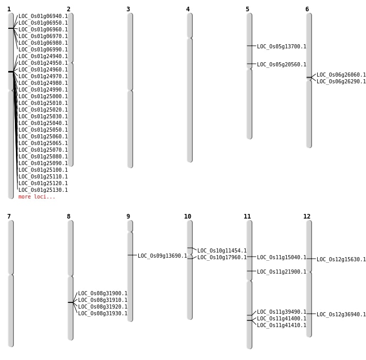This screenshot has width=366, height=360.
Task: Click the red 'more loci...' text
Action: click(x=36, y=197)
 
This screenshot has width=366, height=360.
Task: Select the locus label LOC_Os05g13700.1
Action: click(x=281, y=47)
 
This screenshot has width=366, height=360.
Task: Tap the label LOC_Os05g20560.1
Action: click(x=281, y=65)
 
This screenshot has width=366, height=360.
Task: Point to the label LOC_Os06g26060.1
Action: click(x=341, y=75)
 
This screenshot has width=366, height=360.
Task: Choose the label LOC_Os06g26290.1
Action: click(x=341, y=82)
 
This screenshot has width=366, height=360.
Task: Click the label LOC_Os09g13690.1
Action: click(x=162, y=256)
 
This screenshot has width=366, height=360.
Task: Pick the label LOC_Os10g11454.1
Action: click(x=222, y=251)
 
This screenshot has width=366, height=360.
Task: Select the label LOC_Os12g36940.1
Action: click(x=341, y=315)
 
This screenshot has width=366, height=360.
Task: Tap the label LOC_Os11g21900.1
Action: click(x=281, y=272)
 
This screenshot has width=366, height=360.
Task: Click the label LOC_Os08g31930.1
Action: click(x=102, y=314)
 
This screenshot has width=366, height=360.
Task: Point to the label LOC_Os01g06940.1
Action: click(x=43, y=16)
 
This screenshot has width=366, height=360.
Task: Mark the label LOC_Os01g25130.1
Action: click(x=43, y=190)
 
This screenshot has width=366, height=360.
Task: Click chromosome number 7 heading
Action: click(x=9, y=217)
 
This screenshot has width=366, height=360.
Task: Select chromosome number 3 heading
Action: click(x=128, y=9)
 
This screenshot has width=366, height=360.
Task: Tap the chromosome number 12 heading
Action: click(x=307, y=217)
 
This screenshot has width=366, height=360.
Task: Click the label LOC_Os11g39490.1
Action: click(x=281, y=312)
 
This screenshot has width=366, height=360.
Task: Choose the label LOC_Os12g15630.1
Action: click(x=341, y=260)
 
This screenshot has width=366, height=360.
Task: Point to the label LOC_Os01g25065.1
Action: click(x=43, y=143)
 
